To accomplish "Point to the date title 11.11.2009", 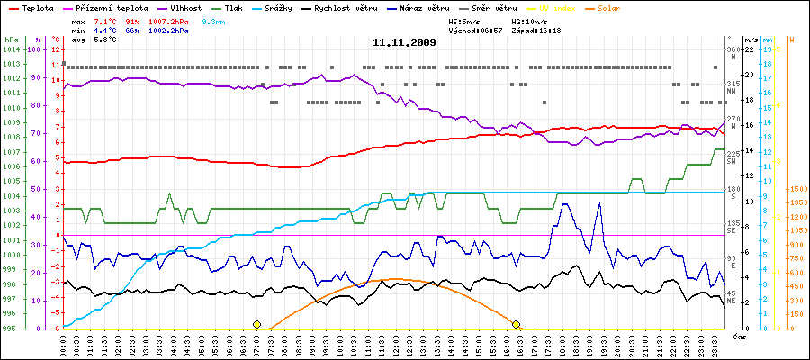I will tap(404, 42).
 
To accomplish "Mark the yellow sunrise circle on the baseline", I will tap(256, 324).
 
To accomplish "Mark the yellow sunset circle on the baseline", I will tap(516, 324).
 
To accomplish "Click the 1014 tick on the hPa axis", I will tap(11, 50).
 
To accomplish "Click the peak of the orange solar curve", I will tap(394, 280).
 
